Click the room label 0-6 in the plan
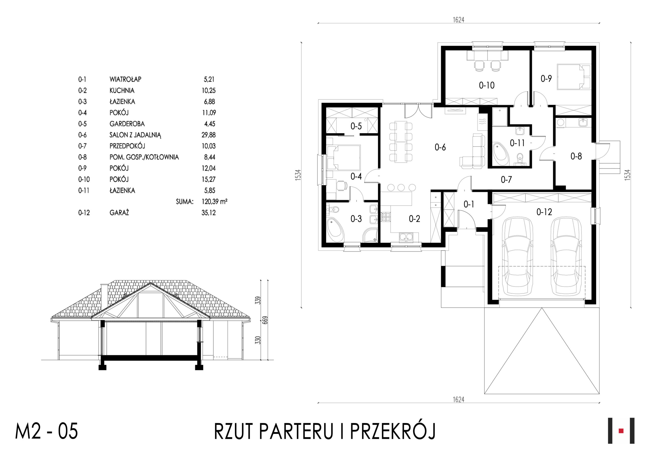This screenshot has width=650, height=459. tap(440, 147)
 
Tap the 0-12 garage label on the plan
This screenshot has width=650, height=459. tap(544, 212)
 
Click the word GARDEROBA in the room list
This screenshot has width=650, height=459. tap(127, 124)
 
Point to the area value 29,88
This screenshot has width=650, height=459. tap(209, 135)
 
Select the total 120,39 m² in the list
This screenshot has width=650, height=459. tap(214, 202)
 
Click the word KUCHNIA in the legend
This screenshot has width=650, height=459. tap(122, 91)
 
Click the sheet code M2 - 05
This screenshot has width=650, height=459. tap(46, 432)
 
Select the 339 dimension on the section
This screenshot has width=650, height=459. tap(257, 300)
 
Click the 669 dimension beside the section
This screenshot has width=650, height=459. tap(265, 320)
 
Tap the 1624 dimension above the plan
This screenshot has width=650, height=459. tap(459, 20)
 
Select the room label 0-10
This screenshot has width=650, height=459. tap(487, 85)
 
